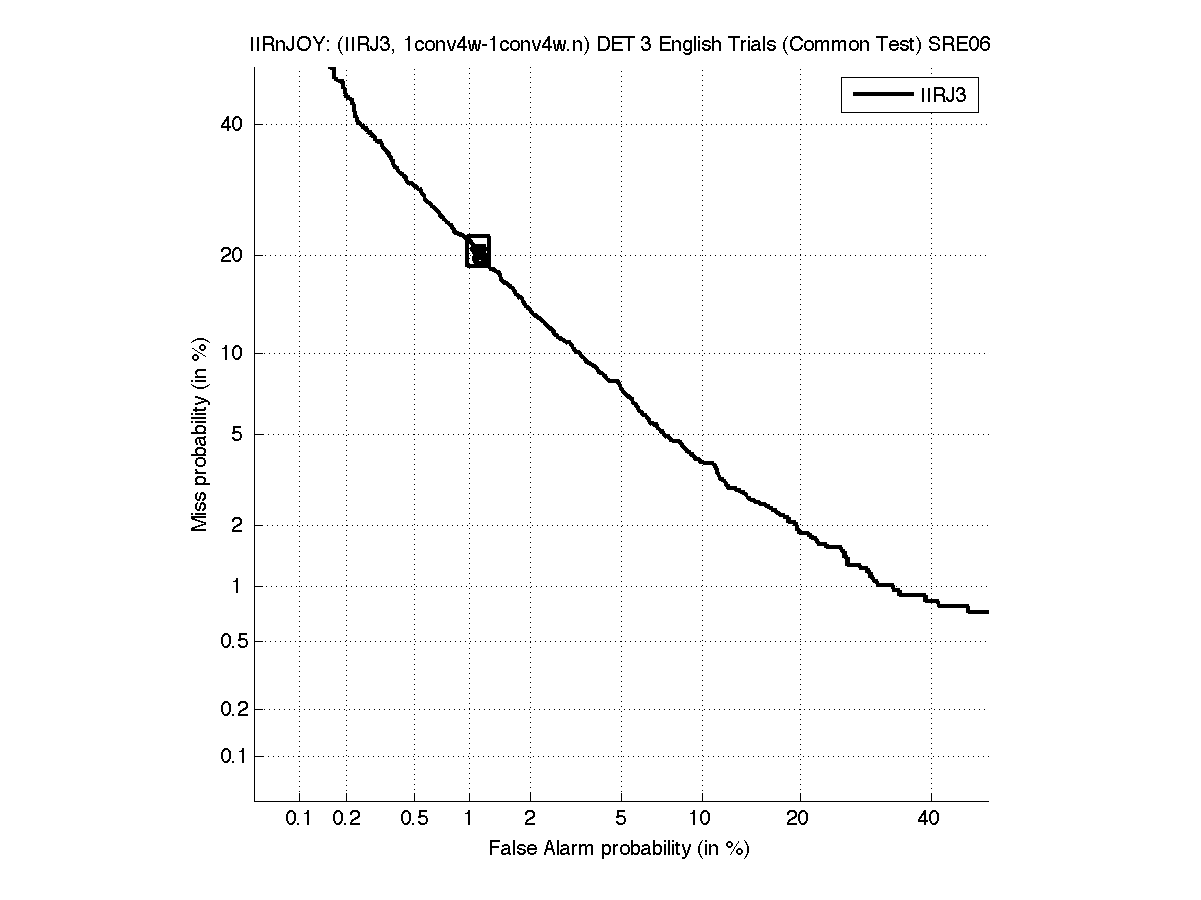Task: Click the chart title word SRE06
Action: pos(959,45)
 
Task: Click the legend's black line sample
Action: pos(877,96)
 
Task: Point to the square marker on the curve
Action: pos(478,251)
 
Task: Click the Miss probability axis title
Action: pos(200,434)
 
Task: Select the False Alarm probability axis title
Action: pos(619,849)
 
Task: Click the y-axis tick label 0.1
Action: pos(231,756)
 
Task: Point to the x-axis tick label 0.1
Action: pos(299,819)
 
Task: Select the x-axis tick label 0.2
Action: pos(347,819)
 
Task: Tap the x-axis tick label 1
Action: pos(469,819)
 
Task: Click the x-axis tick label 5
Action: pos(621,819)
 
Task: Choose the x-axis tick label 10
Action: pos(702,819)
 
